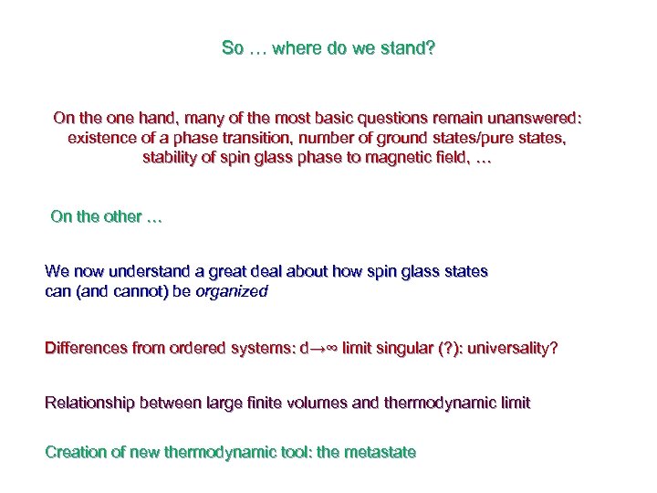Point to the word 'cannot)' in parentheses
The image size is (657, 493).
[x=137, y=292]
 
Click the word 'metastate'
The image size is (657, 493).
[x=381, y=453]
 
